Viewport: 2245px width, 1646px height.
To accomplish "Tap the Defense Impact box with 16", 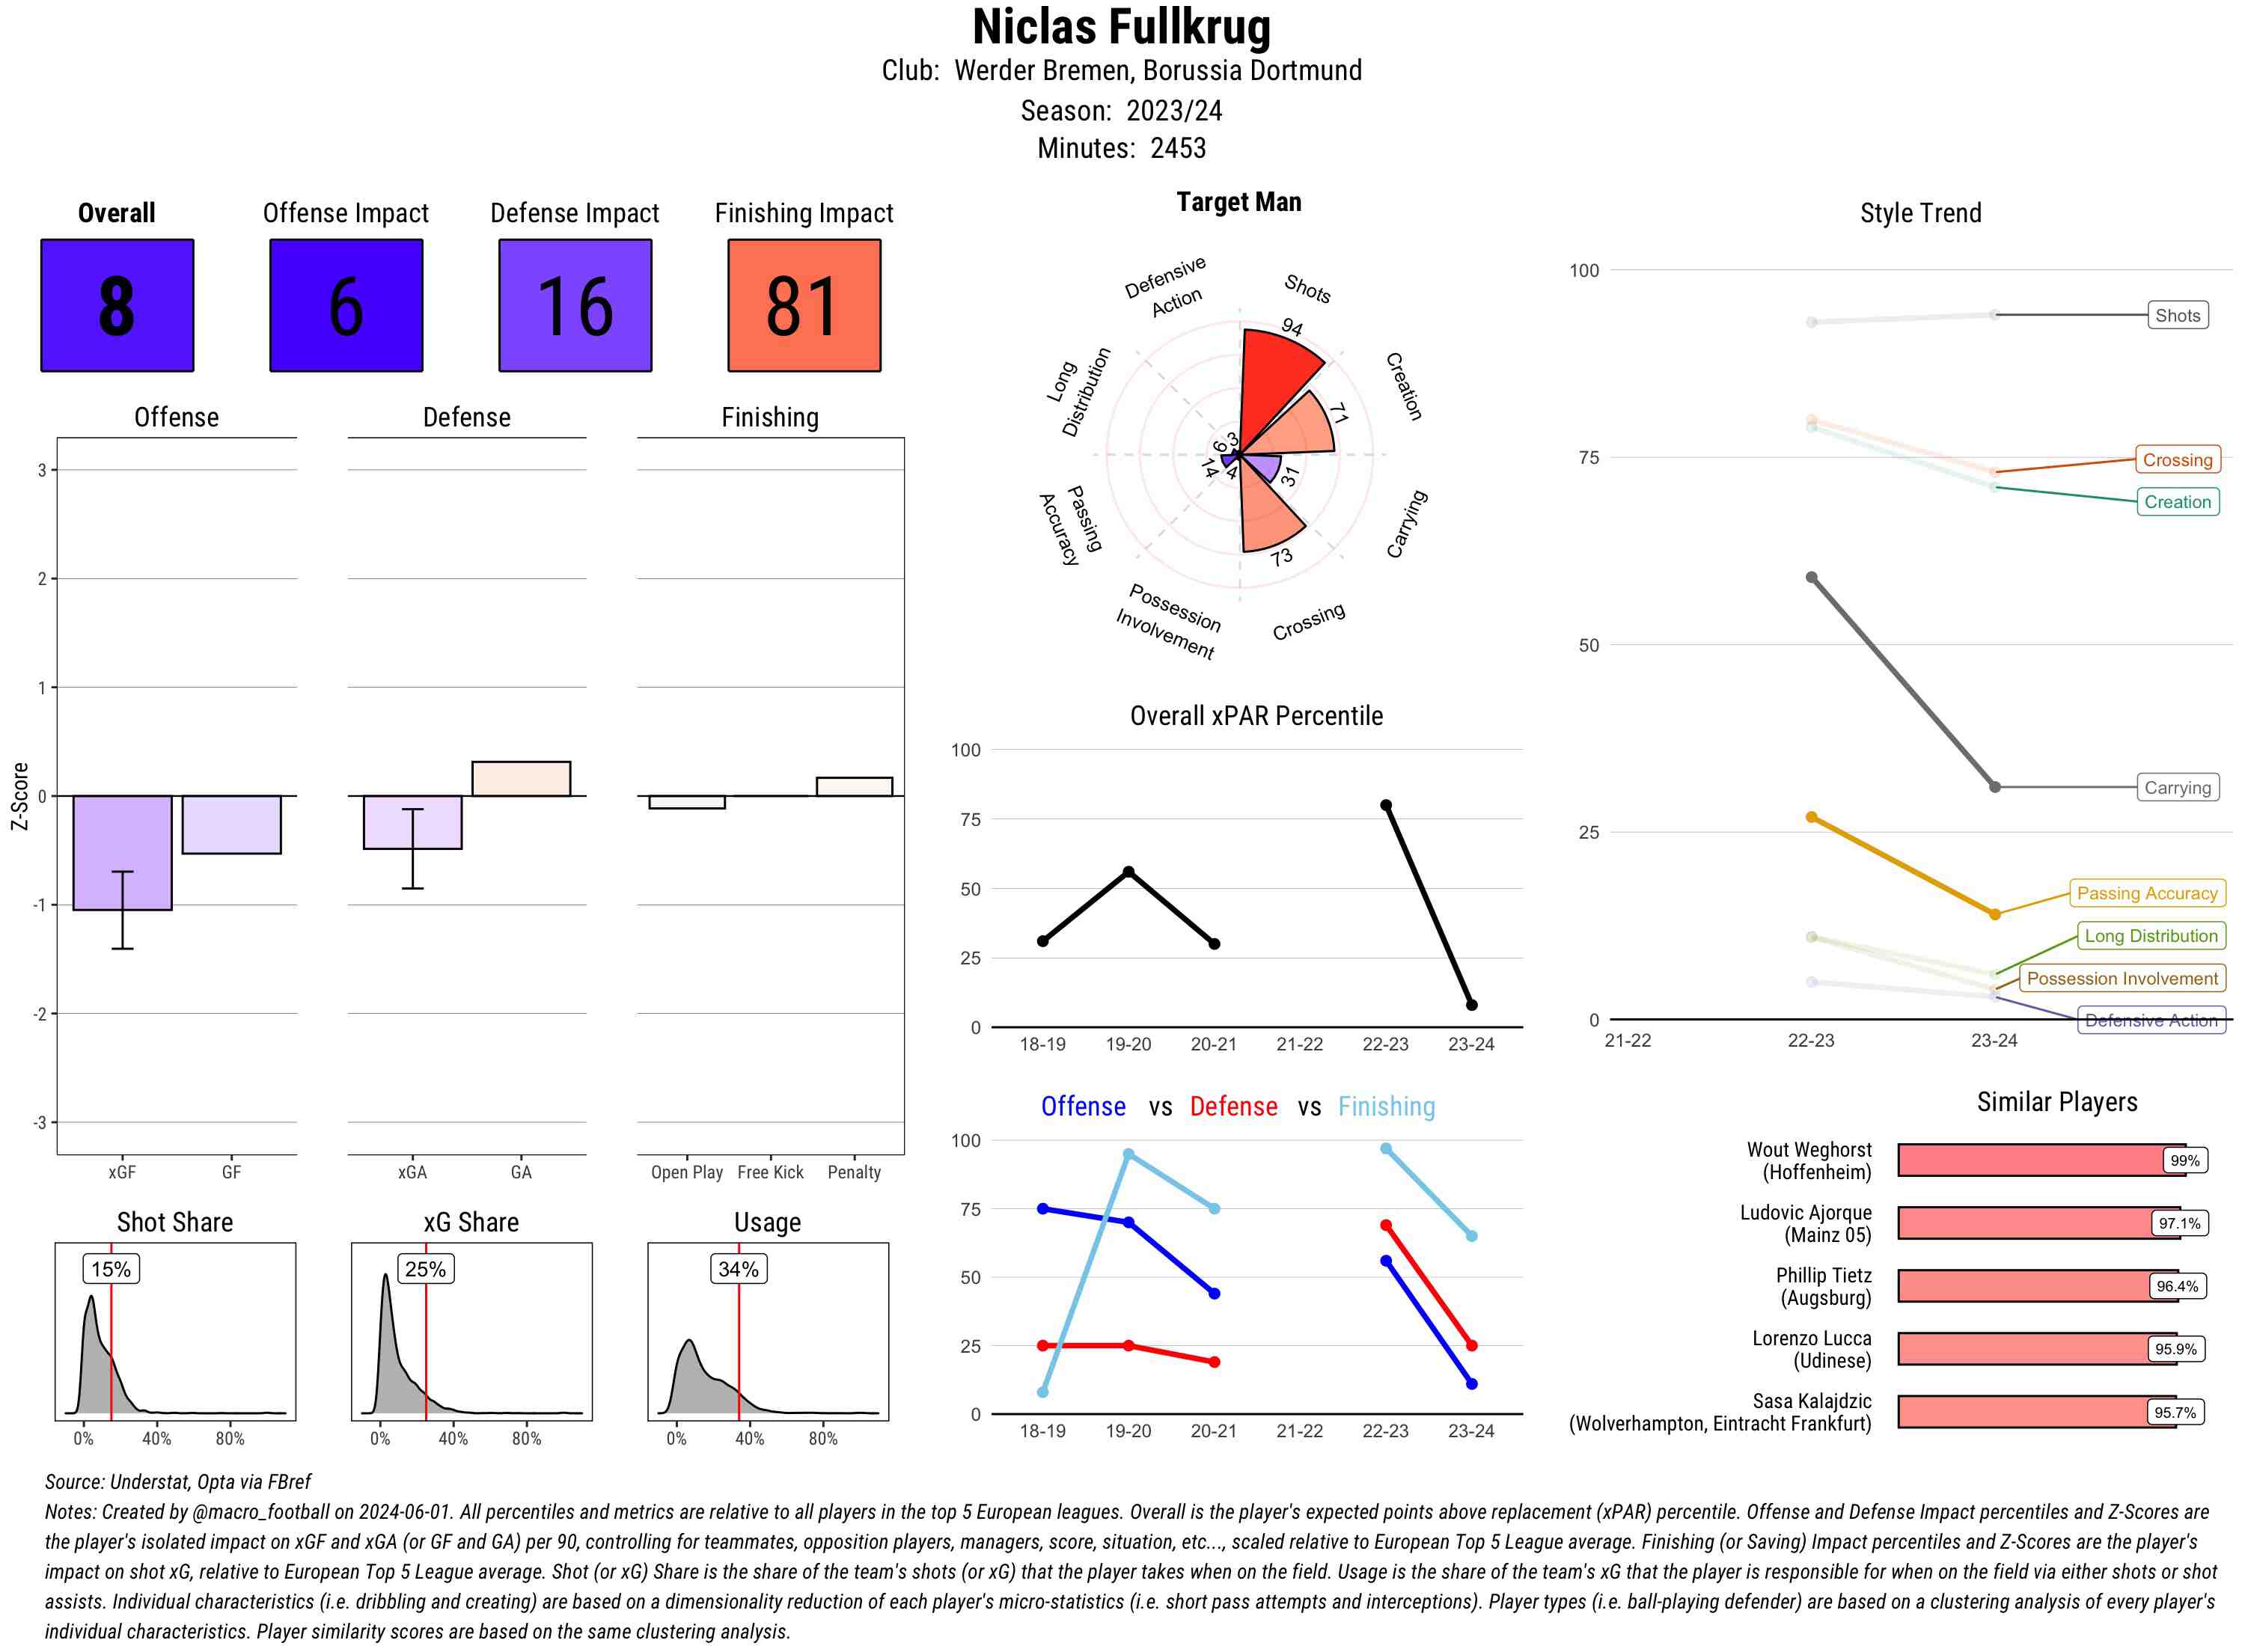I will [575, 305].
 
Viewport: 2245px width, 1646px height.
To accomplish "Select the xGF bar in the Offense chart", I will [123, 852].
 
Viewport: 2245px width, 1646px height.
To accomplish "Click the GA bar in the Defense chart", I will [521, 779].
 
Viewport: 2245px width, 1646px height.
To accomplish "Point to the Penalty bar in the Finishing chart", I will [854, 786].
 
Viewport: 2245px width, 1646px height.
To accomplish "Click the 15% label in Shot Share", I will [111, 1268].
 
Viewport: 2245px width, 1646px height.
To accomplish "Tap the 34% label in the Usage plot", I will [739, 1268].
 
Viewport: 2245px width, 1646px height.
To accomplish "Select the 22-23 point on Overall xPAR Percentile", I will [1385, 805].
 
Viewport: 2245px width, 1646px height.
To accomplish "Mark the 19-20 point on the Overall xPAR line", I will [1128, 872].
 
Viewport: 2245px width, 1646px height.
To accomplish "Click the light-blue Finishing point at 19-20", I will [1128, 1154].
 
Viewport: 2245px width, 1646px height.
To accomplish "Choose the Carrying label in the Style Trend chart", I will [2177, 787].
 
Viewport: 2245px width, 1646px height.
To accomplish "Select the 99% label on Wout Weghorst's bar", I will [2184, 1160].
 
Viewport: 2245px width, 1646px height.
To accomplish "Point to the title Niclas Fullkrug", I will [1121, 27].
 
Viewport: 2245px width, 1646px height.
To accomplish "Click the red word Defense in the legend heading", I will [1233, 1106].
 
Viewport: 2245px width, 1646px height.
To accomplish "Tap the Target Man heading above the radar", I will [1238, 202].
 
